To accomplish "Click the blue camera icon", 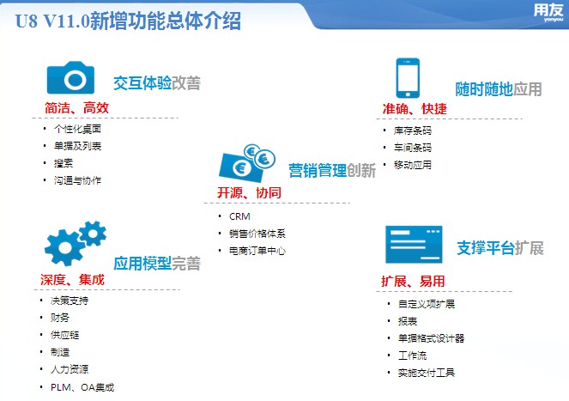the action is click(x=70, y=78).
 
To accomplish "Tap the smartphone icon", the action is click(x=408, y=78).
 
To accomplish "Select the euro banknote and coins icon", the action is click(x=247, y=163).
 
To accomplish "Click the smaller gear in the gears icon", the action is click(x=93, y=234).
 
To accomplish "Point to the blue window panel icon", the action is click(x=414, y=245).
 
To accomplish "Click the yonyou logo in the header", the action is click(x=548, y=12).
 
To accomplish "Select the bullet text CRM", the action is click(x=239, y=216).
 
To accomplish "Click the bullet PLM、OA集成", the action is click(x=82, y=387).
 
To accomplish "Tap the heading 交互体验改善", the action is click(x=157, y=83).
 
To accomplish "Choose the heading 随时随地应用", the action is click(x=499, y=89).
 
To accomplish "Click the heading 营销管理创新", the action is click(x=332, y=170).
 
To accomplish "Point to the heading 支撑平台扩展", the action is click(x=500, y=248).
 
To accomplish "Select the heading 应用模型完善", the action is click(x=157, y=264).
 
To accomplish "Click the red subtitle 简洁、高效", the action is click(x=76, y=108).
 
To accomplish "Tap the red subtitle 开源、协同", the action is click(x=249, y=192).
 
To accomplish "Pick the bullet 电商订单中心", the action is click(x=257, y=251).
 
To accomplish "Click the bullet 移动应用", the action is click(x=413, y=165).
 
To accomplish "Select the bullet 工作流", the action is click(x=412, y=355).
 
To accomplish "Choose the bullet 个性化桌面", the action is click(x=77, y=129).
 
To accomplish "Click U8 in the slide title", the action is click(x=26, y=21).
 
